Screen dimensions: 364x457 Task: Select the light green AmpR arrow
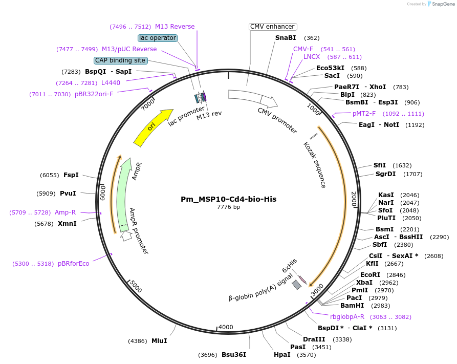123,195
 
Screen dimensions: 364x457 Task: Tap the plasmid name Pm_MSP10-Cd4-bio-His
229,199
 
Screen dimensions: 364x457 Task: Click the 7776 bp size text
228,207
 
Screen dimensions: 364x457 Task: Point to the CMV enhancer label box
273,27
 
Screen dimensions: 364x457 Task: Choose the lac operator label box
158,38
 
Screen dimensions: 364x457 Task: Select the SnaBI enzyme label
286,38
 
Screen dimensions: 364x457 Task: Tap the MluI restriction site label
159,340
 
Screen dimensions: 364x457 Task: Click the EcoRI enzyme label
370,274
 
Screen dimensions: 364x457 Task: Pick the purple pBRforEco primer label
73,264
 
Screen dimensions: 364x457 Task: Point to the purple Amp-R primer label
65,212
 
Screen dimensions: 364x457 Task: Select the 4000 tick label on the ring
226,327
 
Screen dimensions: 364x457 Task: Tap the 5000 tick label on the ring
135,286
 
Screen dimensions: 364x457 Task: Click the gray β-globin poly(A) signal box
296,285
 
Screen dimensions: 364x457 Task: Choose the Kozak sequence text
315,165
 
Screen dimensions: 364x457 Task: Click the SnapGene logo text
443,4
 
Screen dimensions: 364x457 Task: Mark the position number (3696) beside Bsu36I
208,355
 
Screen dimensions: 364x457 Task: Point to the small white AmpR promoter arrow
126,237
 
